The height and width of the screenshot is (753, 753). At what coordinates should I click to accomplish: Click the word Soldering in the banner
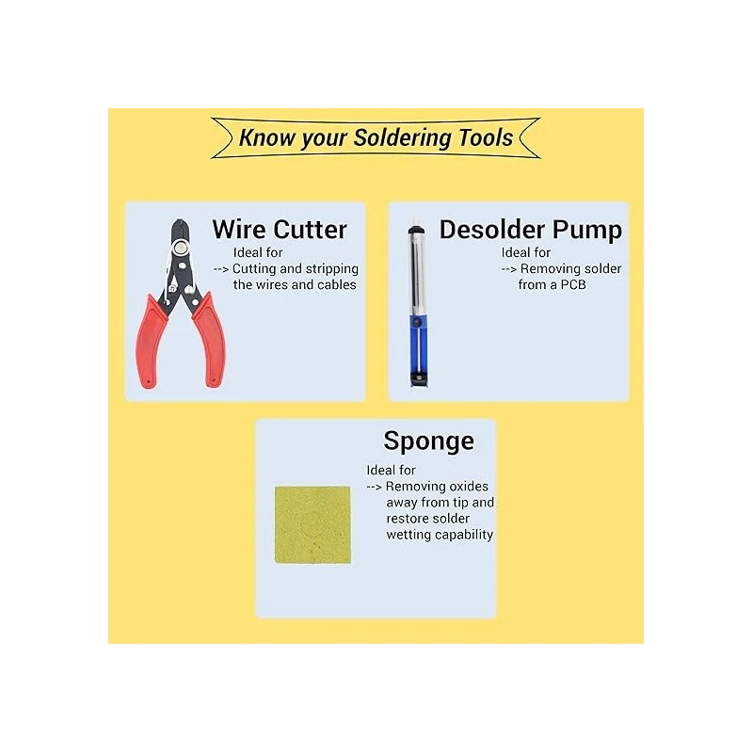(x=403, y=137)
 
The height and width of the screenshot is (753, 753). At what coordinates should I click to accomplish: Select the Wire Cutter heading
(x=280, y=229)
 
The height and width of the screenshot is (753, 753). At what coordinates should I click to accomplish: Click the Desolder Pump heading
(x=530, y=229)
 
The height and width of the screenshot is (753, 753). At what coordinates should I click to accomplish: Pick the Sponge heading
(x=428, y=441)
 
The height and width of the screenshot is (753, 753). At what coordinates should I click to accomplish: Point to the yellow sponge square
(x=312, y=524)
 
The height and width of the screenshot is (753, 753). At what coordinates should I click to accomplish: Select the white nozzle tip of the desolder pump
(x=411, y=227)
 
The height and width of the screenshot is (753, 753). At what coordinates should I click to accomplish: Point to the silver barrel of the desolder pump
(x=413, y=273)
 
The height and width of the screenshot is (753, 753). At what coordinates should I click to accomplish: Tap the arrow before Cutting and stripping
(x=221, y=268)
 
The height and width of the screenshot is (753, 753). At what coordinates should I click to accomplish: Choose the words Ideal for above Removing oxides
(x=392, y=470)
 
